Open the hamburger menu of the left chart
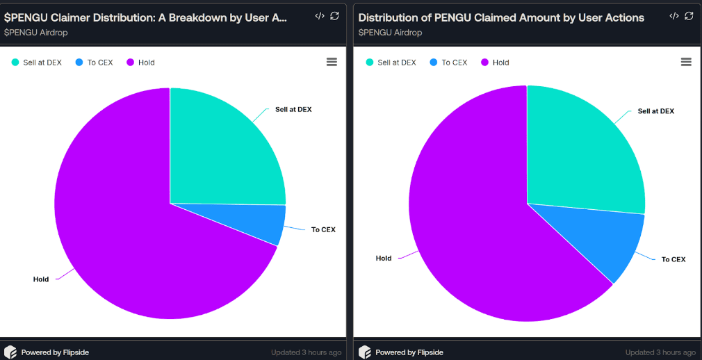[332, 62]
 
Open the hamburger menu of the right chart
[686, 62]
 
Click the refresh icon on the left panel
[334, 16]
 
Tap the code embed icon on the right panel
[674, 16]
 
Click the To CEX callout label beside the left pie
[323, 230]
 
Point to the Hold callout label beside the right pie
[384, 259]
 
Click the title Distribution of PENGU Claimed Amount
[501, 17]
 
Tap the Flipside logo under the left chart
[10, 352]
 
